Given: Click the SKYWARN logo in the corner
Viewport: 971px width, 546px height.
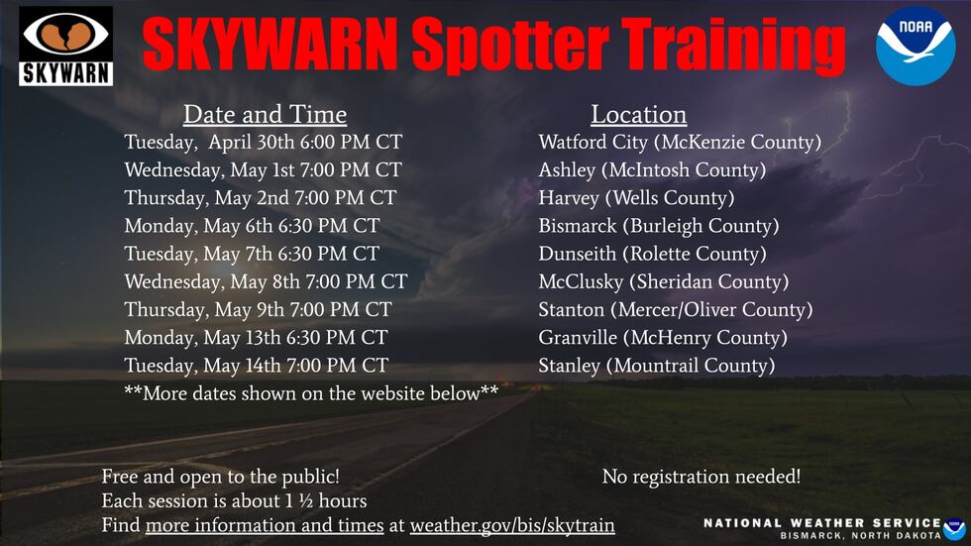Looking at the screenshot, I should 66,47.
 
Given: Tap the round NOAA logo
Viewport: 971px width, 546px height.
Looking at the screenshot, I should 915,45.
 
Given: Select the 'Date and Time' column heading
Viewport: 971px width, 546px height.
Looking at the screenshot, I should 265,114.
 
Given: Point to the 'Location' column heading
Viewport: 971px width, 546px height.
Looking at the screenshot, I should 638,114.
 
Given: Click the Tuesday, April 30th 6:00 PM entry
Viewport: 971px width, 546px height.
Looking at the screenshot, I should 263,143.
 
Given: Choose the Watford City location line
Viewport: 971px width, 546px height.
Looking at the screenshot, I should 680,143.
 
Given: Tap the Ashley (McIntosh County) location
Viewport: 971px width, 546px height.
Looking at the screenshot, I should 652,170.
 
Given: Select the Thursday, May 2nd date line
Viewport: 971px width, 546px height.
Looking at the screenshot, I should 260,198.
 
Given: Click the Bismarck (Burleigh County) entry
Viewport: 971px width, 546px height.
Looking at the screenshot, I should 659,226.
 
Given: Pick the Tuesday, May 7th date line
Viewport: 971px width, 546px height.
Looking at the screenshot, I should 251,254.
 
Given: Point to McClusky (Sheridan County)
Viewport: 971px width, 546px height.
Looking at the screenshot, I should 663,282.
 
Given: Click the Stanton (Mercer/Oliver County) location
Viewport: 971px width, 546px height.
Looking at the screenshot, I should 675,310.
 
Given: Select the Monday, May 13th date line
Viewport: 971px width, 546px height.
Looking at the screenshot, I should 256,338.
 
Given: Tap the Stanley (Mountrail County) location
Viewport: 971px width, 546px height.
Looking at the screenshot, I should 656,366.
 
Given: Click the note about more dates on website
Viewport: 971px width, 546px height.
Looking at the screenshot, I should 311,393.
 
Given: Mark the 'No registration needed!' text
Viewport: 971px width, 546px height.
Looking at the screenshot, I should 701,477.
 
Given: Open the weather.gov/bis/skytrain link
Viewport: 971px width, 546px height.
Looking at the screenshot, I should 512,525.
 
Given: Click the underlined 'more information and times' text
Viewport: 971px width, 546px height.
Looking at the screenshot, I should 265,525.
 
